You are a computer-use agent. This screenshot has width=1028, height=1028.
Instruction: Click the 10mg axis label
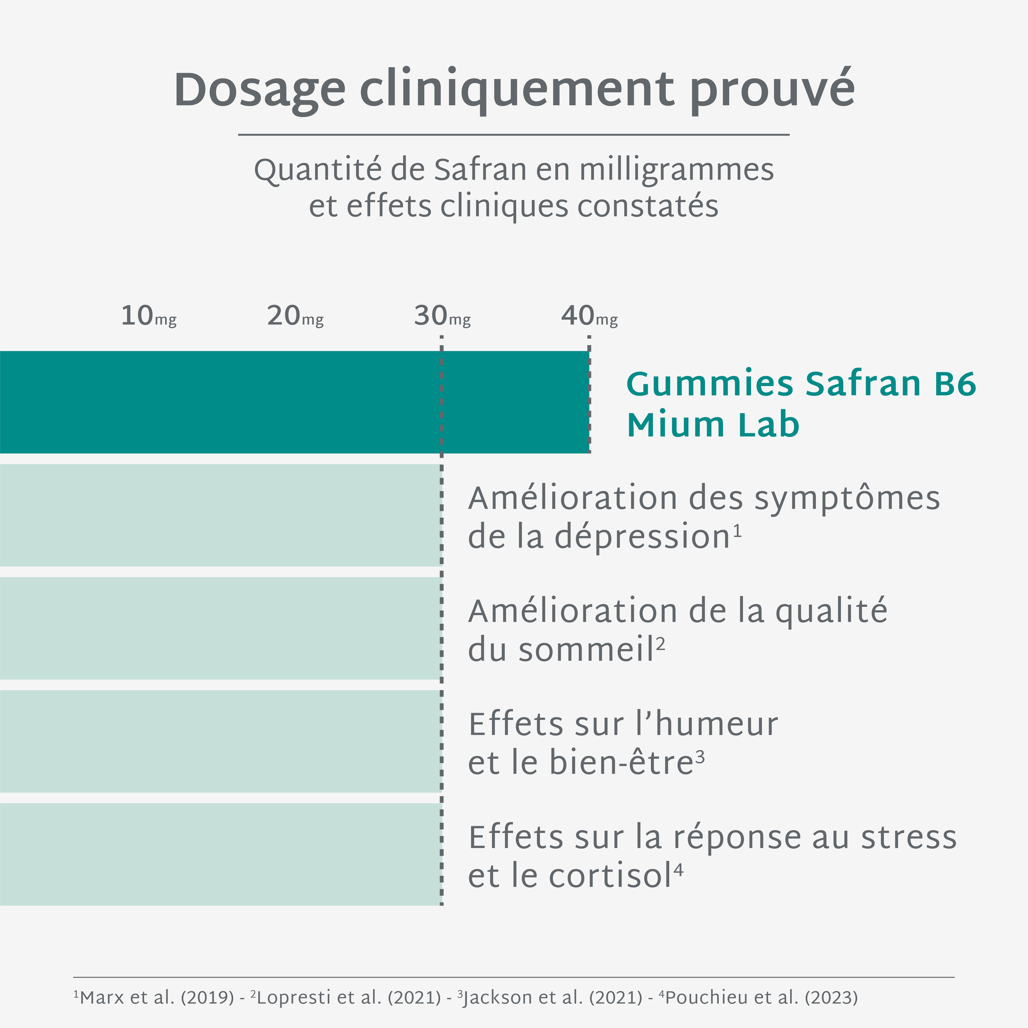coord(149,316)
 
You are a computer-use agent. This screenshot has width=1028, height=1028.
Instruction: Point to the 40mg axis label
coord(589,316)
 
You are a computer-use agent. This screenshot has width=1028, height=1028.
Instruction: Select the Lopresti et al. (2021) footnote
coord(349,997)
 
